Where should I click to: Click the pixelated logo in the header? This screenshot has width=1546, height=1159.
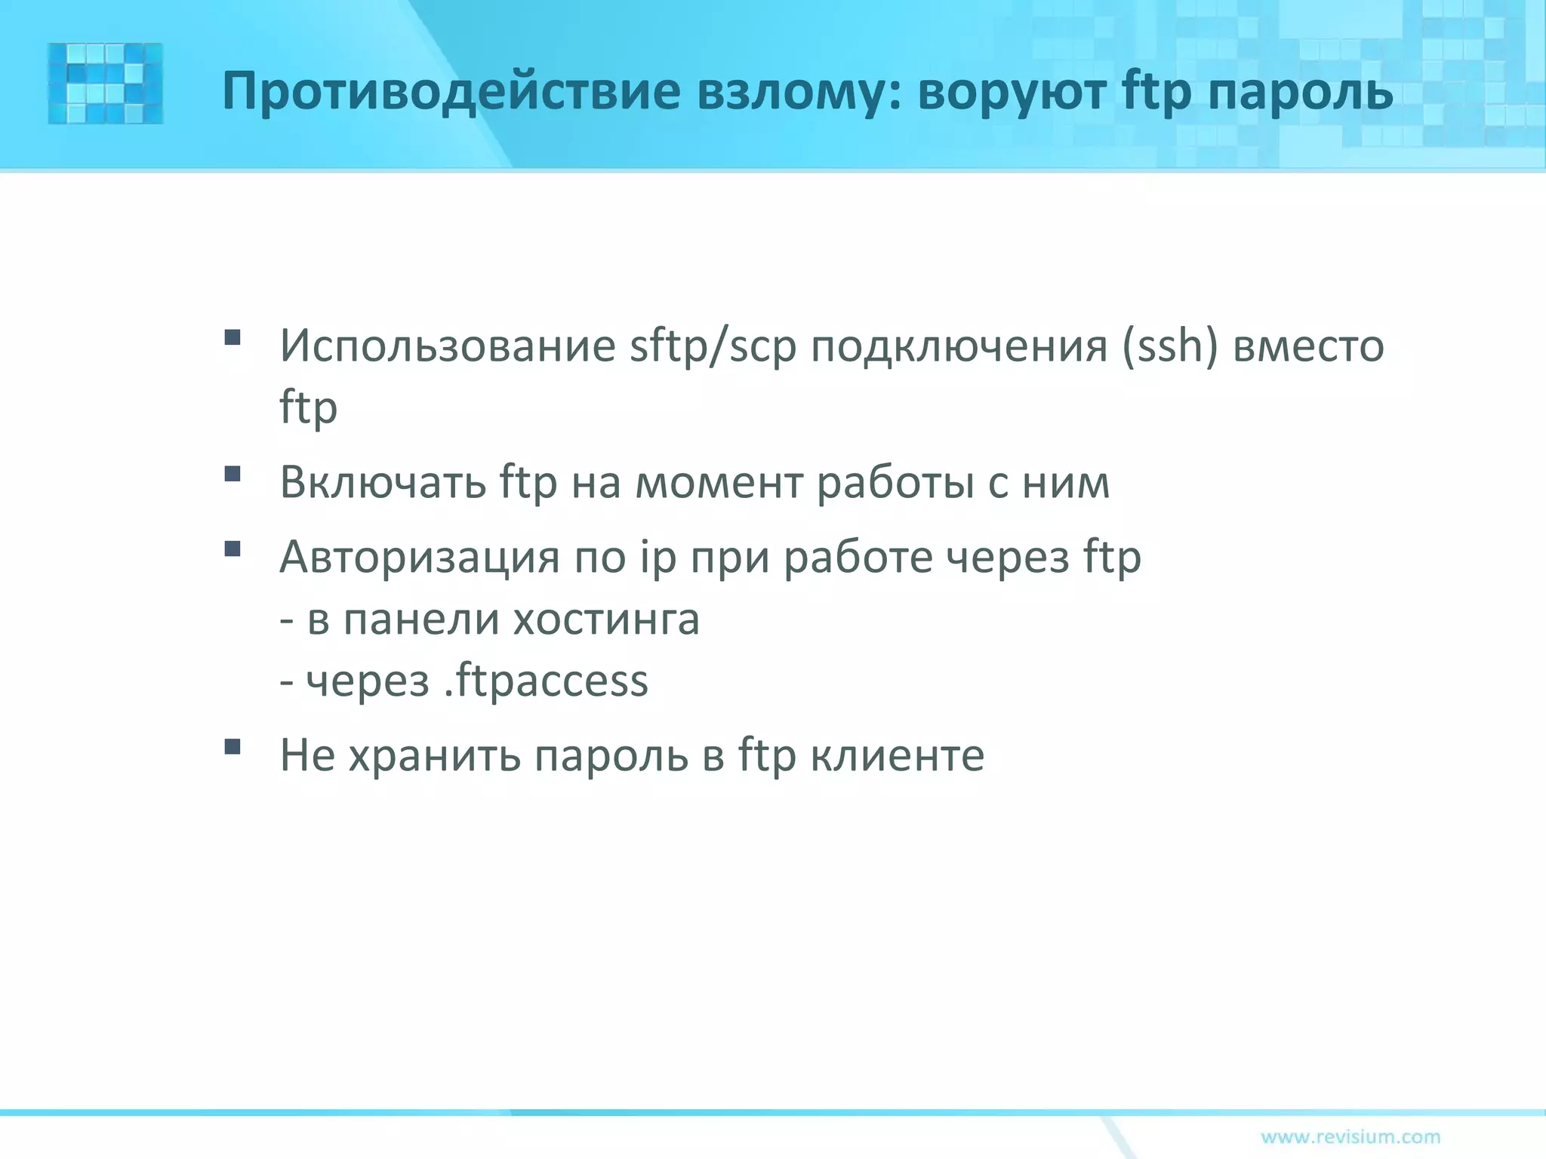(105, 83)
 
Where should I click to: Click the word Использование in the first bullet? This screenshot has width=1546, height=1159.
(448, 346)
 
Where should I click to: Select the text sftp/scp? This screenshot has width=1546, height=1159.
(713, 346)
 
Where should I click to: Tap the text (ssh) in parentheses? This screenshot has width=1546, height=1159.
(1169, 346)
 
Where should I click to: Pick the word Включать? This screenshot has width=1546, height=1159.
(383, 482)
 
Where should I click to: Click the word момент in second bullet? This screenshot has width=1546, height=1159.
(719, 482)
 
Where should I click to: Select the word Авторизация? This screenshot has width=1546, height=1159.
(419, 558)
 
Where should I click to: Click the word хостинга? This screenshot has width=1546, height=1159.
(606, 619)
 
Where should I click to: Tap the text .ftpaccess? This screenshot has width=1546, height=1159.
(546, 681)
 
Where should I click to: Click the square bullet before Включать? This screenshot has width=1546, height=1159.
(233, 474)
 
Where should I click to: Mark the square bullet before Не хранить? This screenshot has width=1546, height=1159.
(233, 747)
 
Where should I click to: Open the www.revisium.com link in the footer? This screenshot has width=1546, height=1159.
(1350, 1136)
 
